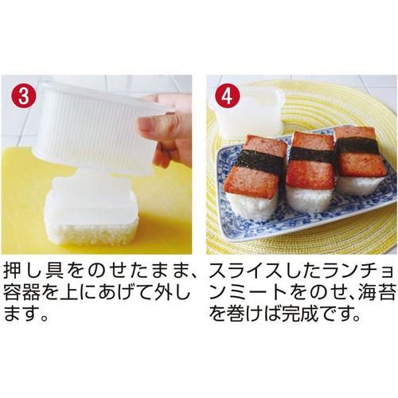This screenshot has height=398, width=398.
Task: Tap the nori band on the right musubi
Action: click(x=359, y=145)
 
